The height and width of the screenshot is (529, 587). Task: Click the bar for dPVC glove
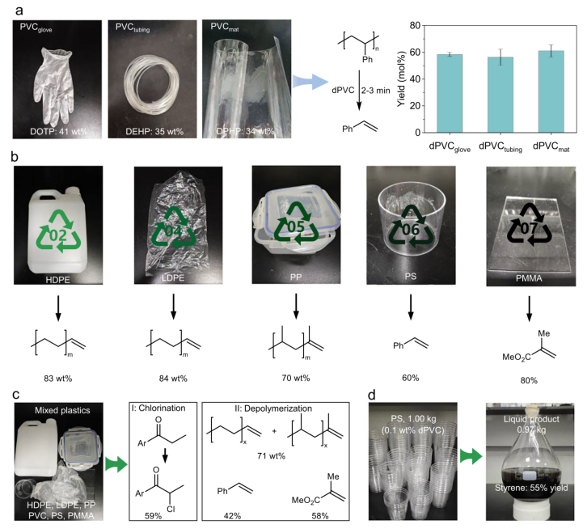point(450,93)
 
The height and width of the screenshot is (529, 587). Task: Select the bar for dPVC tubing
point(500,95)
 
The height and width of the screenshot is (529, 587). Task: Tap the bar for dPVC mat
point(551,91)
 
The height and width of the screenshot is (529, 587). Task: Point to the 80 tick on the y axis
point(415,25)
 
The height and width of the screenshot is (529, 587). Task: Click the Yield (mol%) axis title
point(402,79)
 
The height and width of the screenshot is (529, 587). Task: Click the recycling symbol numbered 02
point(58,230)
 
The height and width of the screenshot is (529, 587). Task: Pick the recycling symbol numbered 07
point(529,223)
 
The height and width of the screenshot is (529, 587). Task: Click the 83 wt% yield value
point(57,379)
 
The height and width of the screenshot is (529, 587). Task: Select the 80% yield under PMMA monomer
point(529,381)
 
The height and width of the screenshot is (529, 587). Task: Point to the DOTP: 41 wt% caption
point(59,132)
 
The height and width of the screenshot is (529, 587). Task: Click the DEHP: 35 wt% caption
point(154,132)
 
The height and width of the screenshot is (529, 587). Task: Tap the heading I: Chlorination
point(158,408)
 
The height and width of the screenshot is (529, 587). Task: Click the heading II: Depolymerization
point(273,408)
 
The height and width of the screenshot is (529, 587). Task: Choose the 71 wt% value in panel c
point(272,456)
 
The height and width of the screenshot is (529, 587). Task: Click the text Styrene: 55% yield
point(531,488)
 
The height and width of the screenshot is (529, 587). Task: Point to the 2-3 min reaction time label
point(375,91)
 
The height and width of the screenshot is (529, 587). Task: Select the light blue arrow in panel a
point(310,82)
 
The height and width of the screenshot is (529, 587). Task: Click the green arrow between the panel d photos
point(471,457)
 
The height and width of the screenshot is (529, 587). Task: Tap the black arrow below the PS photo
point(411,307)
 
